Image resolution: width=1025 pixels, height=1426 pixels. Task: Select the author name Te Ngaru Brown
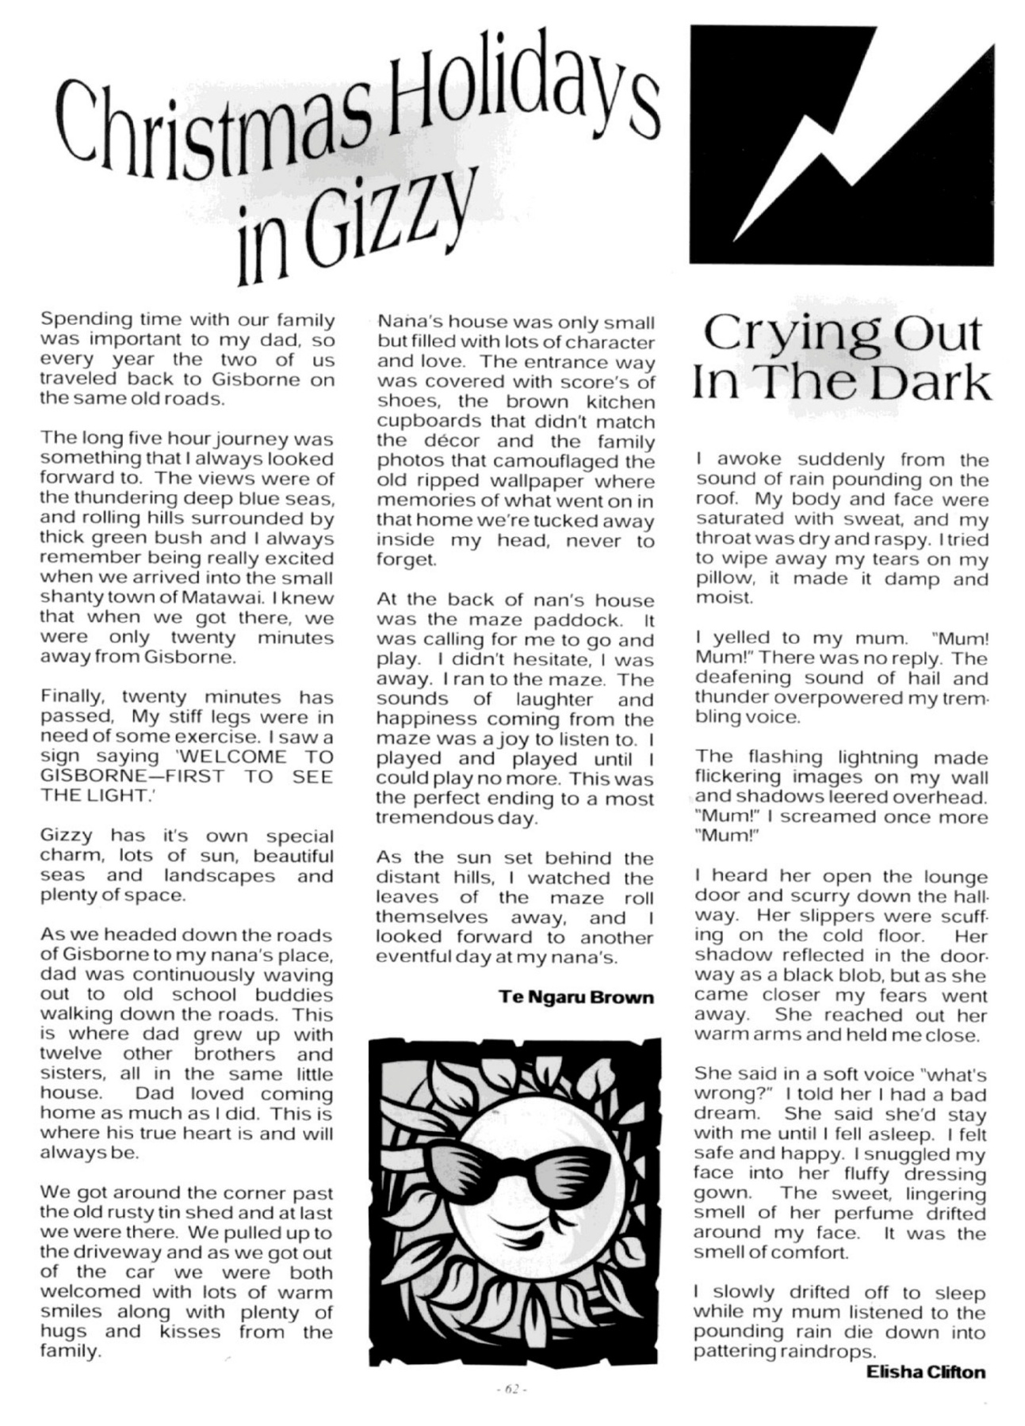pos(576,997)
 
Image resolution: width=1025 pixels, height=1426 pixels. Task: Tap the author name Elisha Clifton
pos(926,1371)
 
